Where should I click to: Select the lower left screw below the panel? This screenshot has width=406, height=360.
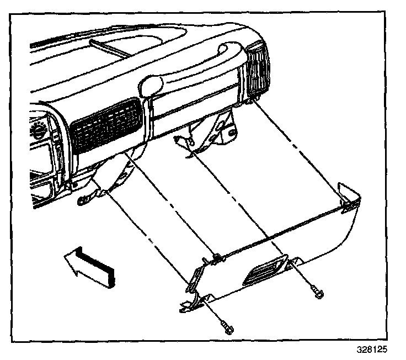point(227,326)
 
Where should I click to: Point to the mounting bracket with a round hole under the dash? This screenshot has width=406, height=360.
point(216,131)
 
